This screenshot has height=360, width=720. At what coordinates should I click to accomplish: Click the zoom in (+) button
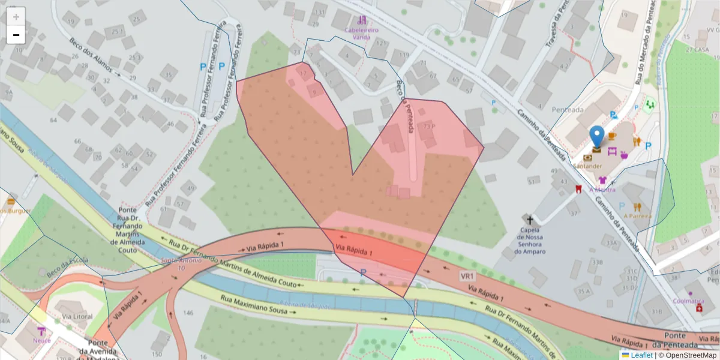(x=16, y=16)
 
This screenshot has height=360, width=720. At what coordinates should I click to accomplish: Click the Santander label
(x=587, y=166)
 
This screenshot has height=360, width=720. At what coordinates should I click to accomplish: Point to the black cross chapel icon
(x=529, y=220)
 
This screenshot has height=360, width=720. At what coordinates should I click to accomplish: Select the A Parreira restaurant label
(x=637, y=216)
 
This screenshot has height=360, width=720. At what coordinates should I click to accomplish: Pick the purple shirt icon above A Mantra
(x=602, y=180)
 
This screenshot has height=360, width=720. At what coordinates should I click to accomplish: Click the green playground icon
(x=649, y=104)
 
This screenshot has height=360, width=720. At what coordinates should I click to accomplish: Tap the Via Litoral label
(x=73, y=316)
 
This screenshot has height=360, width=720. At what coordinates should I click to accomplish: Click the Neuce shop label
(x=41, y=340)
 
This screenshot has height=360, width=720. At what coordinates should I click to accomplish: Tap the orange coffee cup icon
(x=611, y=136)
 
